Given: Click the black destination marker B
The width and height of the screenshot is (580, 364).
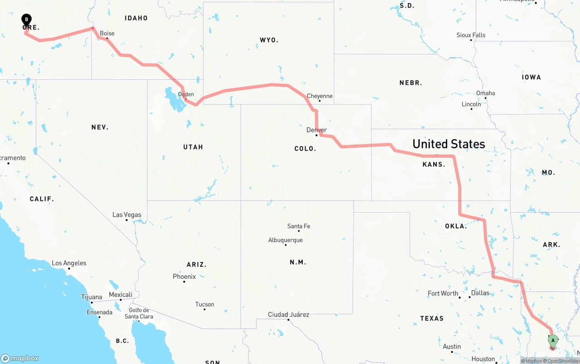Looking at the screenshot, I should pyautogui.click(x=27, y=19).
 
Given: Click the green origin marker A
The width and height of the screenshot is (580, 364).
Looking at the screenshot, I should pyautogui.click(x=552, y=340).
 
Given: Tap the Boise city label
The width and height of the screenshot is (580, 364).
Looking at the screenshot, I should pyautogui.click(x=107, y=34).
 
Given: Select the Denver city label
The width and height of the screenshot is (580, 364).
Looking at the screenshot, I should pyautogui.click(x=316, y=130).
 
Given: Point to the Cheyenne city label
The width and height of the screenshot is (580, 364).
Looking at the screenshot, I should pyautogui.click(x=319, y=96).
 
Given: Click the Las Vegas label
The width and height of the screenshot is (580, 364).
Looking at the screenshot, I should pyautogui.click(x=127, y=215).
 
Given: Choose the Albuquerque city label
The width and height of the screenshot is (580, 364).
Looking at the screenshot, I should pyautogui.click(x=285, y=240).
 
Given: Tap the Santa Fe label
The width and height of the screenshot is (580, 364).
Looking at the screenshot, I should pyautogui.click(x=299, y=226).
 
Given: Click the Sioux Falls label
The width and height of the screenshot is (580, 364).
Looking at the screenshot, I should pyautogui.click(x=471, y=35).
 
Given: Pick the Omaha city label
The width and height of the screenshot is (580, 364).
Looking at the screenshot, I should pyautogui.click(x=485, y=93).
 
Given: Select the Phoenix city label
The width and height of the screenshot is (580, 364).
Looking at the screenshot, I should pyautogui.click(x=184, y=277).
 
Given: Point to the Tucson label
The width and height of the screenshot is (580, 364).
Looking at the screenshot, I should pyautogui.click(x=204, y=305).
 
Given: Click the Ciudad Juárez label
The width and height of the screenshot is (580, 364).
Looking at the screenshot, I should pyautogui.click(x=289, y=315).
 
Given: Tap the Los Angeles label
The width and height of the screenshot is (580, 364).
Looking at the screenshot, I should pyautogui.click(x=69, y=263).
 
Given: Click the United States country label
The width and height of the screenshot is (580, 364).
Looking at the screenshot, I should pyautogui.click(x=449, y=144).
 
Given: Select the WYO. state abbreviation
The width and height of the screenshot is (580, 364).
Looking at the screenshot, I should pyautogui.click(x=269, y=40).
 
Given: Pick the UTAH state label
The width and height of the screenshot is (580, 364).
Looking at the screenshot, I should pyautogui.click(x=193, y=147).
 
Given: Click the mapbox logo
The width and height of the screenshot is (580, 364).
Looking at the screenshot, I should pyautogui.click(x=20, y=358).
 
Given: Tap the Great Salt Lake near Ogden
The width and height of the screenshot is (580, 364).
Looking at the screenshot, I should pyautogui.click(x=174, y=101).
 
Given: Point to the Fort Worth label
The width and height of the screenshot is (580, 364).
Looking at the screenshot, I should pyautogui.click(x=443, y=294).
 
